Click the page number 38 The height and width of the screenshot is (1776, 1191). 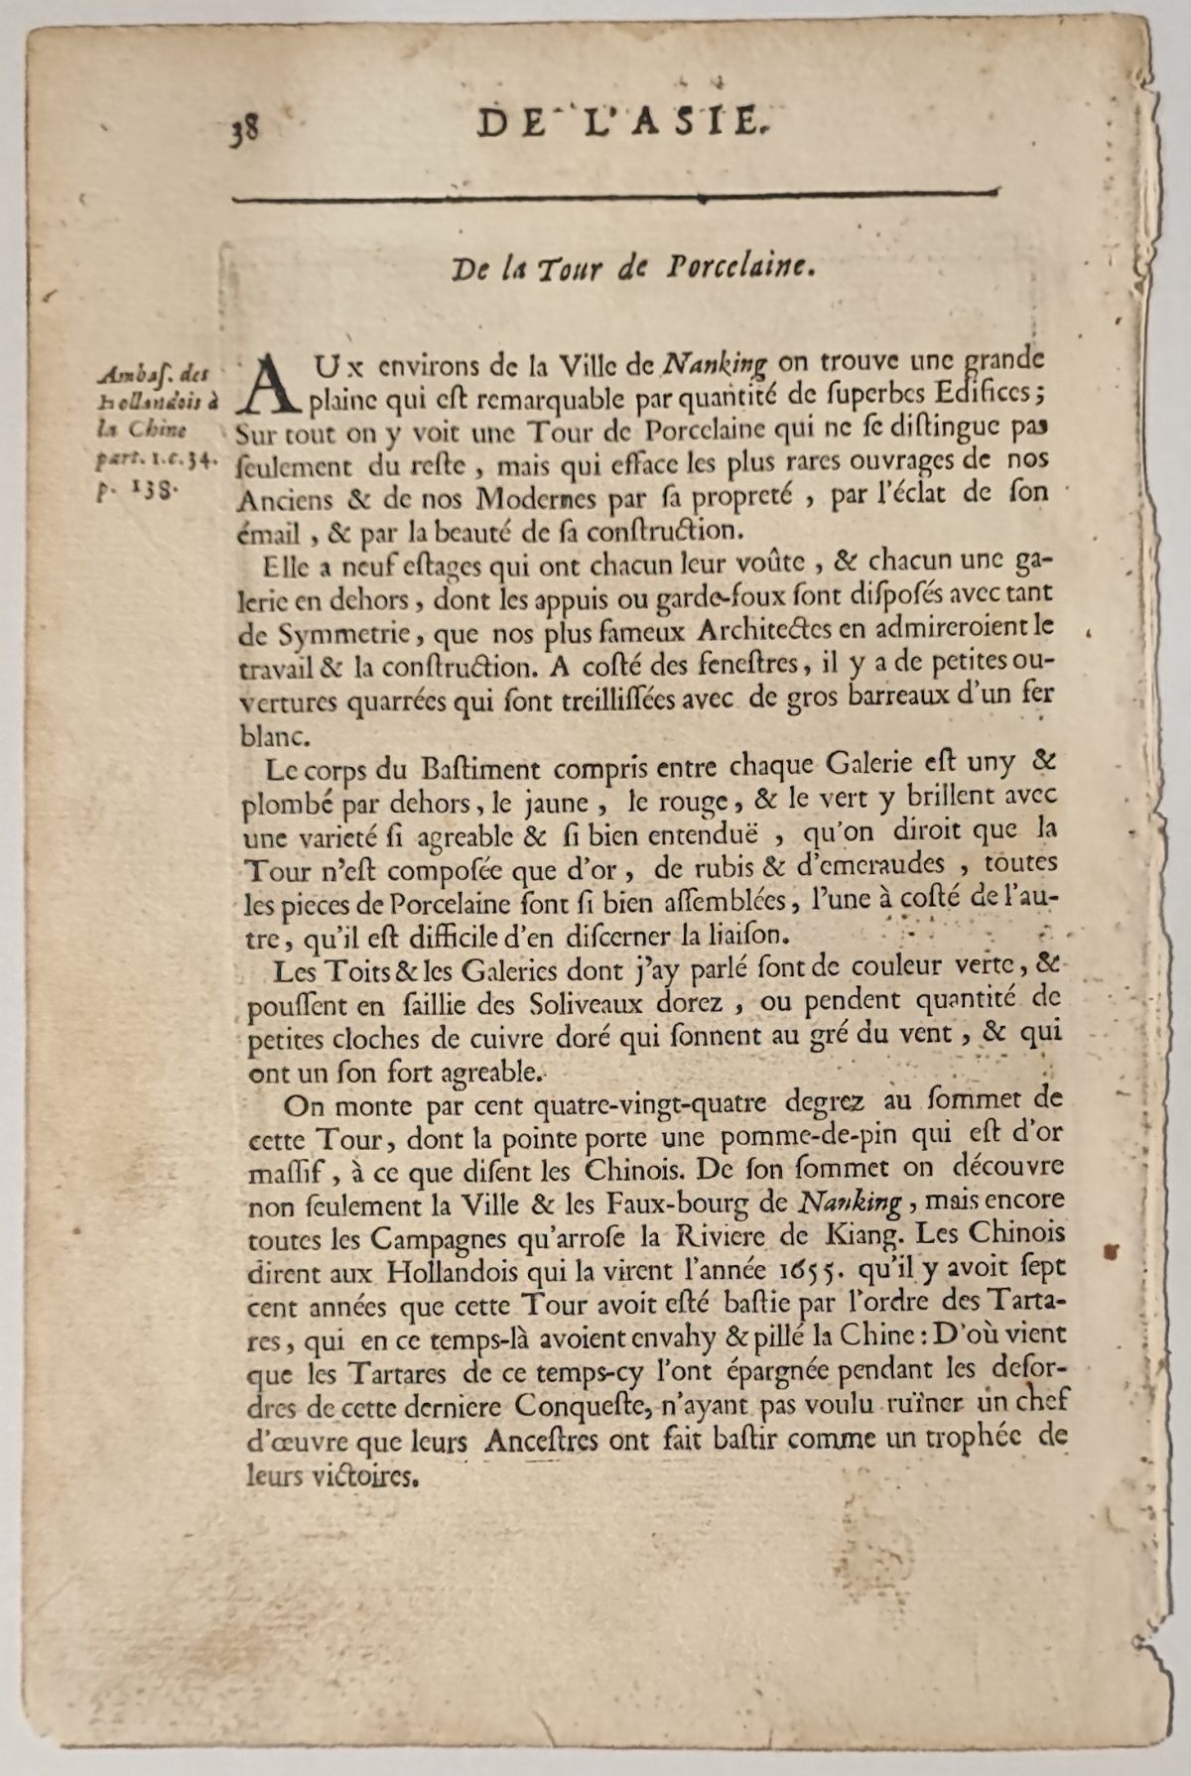[x=244, y=129]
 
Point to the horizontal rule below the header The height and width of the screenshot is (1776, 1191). [x=612, y=197]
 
